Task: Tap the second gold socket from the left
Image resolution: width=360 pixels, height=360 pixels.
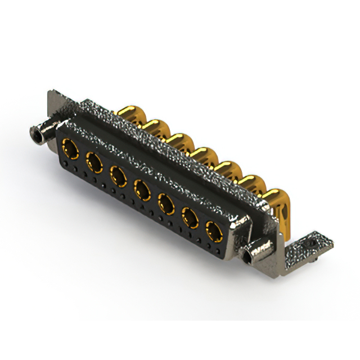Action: pos(94,164)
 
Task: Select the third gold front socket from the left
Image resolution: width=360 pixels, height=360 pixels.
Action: pos(118,177)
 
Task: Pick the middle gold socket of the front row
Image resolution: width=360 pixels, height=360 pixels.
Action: pos(142,190)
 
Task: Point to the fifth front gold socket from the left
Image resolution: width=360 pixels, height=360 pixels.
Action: pos(166,204)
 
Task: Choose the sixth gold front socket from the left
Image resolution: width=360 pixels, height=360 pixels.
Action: pos(190,217)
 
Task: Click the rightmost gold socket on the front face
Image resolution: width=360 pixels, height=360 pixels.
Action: pos(213,230)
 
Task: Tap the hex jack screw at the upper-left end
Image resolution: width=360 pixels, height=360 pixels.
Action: pos(38,134)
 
